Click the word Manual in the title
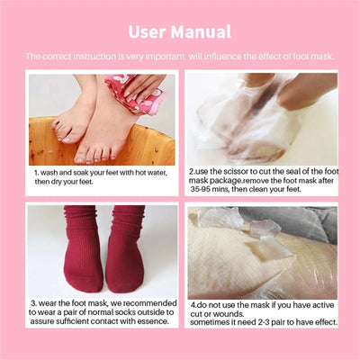pos(201,32)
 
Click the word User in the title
pos(147,32)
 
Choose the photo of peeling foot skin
pos(261,251)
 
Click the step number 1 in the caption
pos(36,171)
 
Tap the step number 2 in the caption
pos(192,171)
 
